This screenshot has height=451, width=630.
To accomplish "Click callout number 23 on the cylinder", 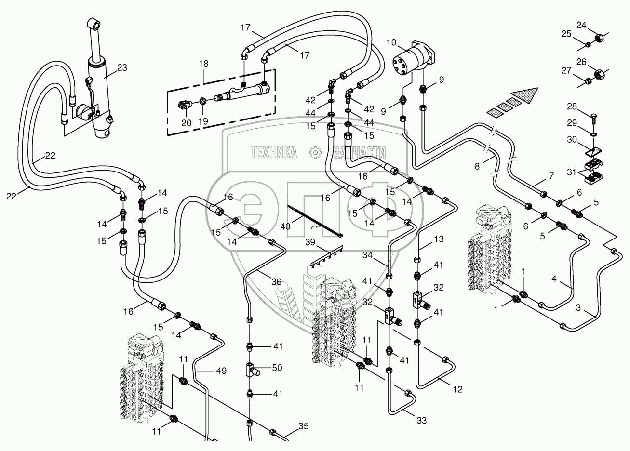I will [122, 68].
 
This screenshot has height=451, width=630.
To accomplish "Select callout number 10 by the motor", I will [391, 43].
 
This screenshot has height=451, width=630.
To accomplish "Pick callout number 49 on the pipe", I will [221, 371].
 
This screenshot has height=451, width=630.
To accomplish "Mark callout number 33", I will [421, 421].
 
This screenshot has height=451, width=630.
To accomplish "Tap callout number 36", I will [276, 283].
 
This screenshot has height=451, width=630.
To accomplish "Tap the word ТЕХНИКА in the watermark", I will [274, 153].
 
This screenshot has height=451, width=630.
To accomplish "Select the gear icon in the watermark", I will [315, 153].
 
